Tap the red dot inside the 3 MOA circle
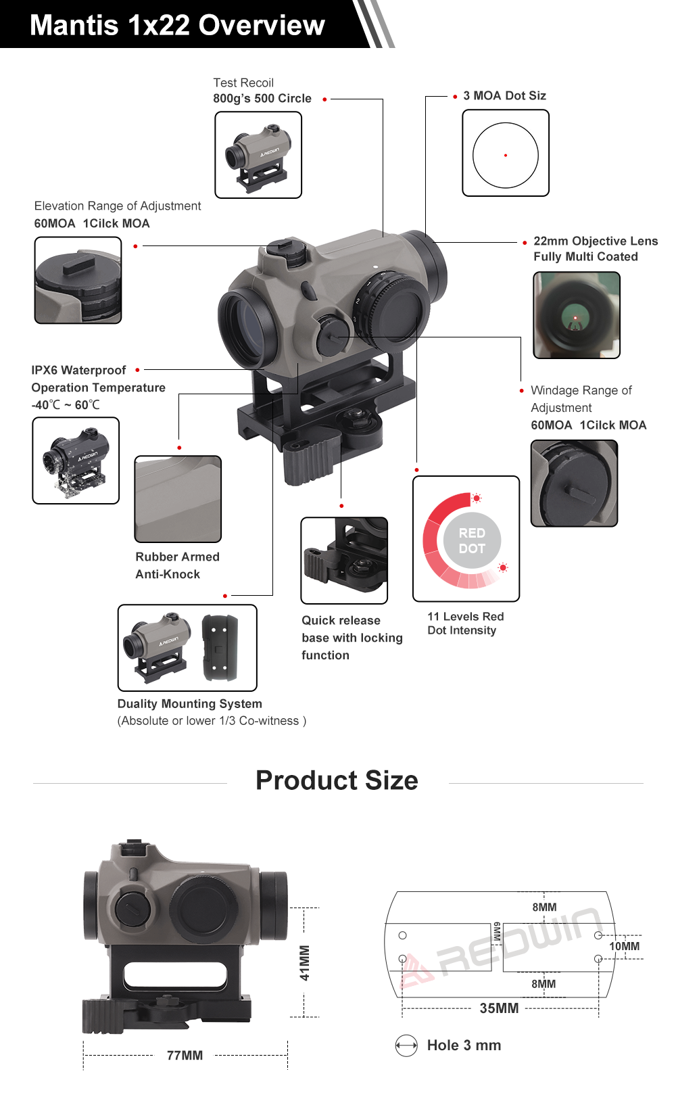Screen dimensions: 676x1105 pos(506,156)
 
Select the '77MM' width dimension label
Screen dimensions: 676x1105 pos(185,1055)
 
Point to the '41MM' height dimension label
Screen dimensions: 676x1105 pos(305,962)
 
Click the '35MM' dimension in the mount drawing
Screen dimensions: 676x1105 pos(499,1008)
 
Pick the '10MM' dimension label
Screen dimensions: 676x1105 pos(624,946)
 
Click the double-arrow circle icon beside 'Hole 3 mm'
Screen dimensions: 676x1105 pos(406,1045)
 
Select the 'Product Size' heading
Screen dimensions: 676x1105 pos(337,780)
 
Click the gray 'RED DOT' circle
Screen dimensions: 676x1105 pos(472,540)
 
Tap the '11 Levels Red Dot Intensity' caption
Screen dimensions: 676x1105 pos(466,623)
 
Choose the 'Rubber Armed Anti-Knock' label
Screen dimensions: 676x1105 pos(178,565)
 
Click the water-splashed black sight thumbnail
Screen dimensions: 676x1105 pos(76,461)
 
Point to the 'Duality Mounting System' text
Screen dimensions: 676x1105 pos(190,703)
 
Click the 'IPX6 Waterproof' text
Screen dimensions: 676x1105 pos(78,370)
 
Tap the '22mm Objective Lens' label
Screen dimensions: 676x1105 pos(596,241)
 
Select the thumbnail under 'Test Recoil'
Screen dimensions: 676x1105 pos(258,155)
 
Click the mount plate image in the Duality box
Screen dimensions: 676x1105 pos(220,647)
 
